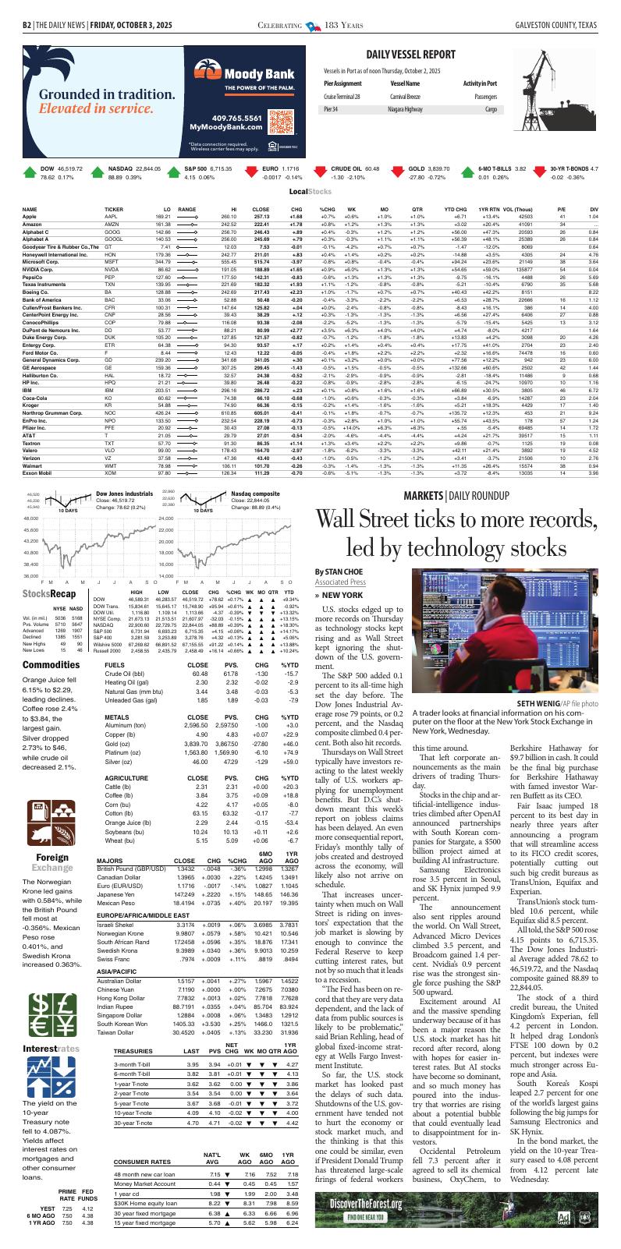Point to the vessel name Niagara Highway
(409, 110)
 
